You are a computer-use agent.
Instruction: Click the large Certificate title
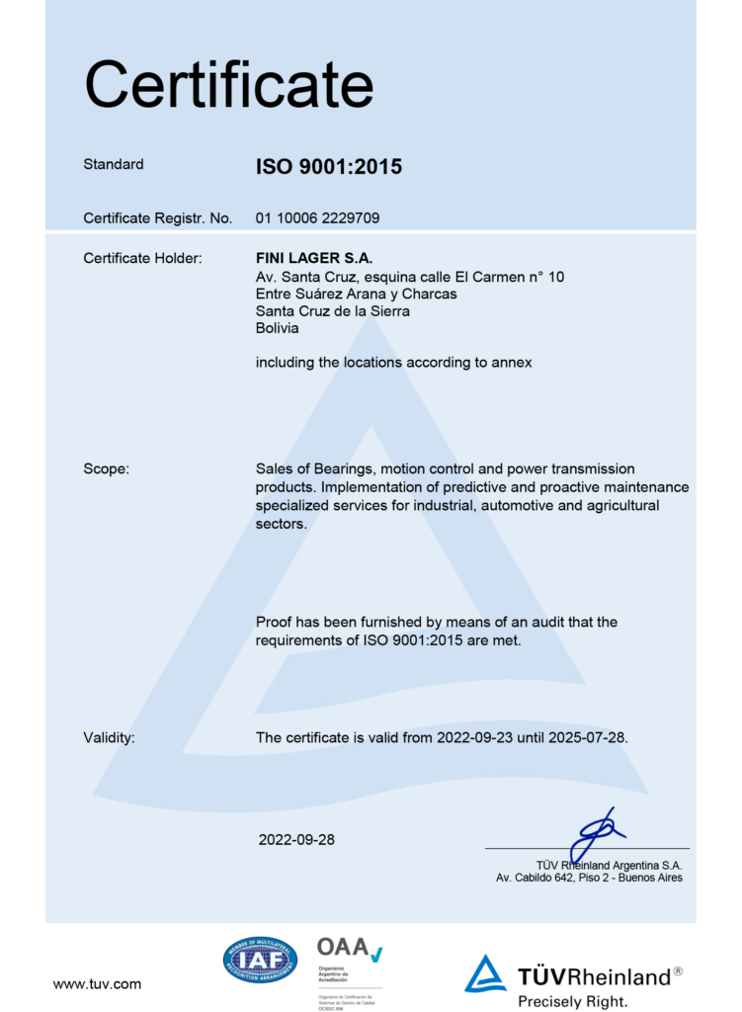[x=228, y=85]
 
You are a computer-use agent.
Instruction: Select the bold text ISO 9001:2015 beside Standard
[x=328, y=167]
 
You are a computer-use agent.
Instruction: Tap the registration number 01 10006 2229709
[x=317, y=218]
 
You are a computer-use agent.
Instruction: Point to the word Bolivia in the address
[x=277, y=329]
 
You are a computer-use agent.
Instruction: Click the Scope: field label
[x=106, y=469]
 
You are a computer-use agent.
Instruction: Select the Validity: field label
[x=109, y=737]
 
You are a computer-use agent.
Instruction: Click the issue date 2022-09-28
[x=296, y=840]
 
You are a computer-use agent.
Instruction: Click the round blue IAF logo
[x=260, y=959]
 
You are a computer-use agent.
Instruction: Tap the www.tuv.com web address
[x=97, y=983]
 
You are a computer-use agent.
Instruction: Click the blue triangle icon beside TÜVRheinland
[x=485, y=973]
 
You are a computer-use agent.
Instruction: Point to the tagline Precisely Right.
[x=572, y=1001]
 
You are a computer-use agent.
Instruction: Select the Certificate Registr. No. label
[x=157, y=218]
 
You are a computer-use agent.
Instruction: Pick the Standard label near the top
[x=114, y=165]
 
